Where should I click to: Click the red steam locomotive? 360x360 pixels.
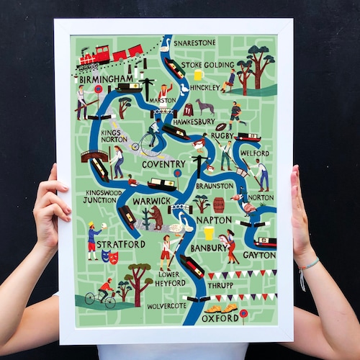[94, 56]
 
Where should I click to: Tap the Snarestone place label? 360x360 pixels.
[194, 43]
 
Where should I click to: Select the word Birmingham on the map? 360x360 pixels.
[107, 78]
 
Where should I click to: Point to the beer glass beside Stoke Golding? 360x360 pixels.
[198, 75]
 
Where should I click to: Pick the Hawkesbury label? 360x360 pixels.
[194, 122]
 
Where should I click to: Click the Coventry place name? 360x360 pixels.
[163, 164]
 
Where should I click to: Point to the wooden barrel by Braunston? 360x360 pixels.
[219, 204]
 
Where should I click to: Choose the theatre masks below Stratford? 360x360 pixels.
[108, 256]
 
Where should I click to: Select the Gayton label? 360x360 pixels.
[258, 255]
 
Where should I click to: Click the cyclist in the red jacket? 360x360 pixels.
[105, 288]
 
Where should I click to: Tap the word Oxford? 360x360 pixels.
[220, 318]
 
